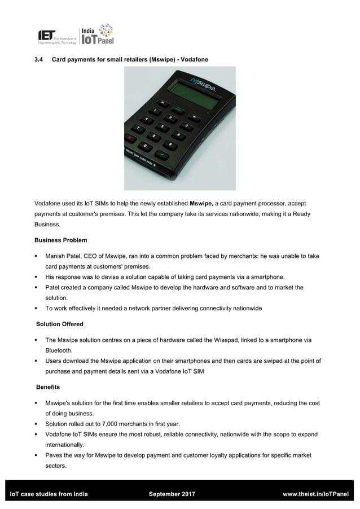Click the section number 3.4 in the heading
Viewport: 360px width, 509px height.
pos(39,59)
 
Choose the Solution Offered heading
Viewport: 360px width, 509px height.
pos(60,324)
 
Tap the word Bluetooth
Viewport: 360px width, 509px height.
pos(59,350)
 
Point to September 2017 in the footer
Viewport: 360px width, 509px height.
pos(172,494)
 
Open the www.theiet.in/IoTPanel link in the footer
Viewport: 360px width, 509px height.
pos(315,494)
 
